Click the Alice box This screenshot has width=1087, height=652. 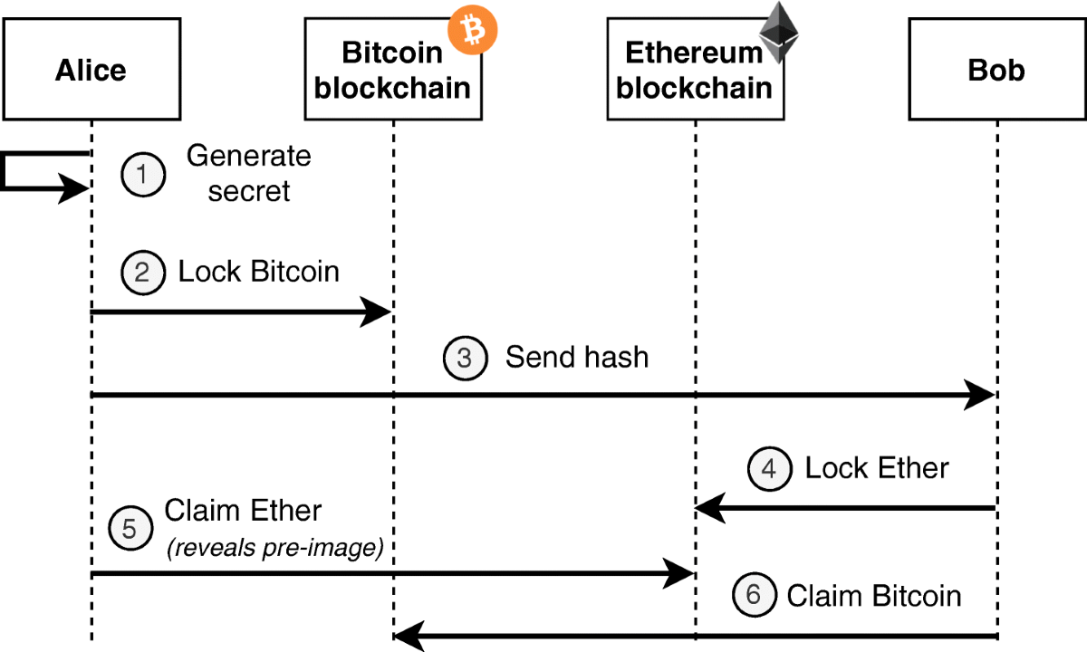(x=91, y=70)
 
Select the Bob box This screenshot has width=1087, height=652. (x=996, y=70)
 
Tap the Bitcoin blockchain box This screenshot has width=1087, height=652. (x=393, y=70)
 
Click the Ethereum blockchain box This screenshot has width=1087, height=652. (x=695, y=70)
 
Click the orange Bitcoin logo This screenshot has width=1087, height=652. (x=474, y=32)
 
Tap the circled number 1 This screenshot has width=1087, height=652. (x=144, y=175)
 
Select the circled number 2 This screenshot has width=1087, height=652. (x=144, y=272)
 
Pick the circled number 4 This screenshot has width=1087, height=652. (x=769, y=469)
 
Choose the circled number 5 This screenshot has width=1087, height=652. (x=130, y=529)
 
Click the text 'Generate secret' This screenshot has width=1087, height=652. (x=248, y=174)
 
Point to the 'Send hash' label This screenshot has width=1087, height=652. (x=577, y=357)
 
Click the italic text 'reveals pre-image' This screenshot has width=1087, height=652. (x=274, y=548)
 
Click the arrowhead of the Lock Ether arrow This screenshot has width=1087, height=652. (x=711, y=509)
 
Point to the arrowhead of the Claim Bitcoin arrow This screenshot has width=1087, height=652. (x=409, y=638)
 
